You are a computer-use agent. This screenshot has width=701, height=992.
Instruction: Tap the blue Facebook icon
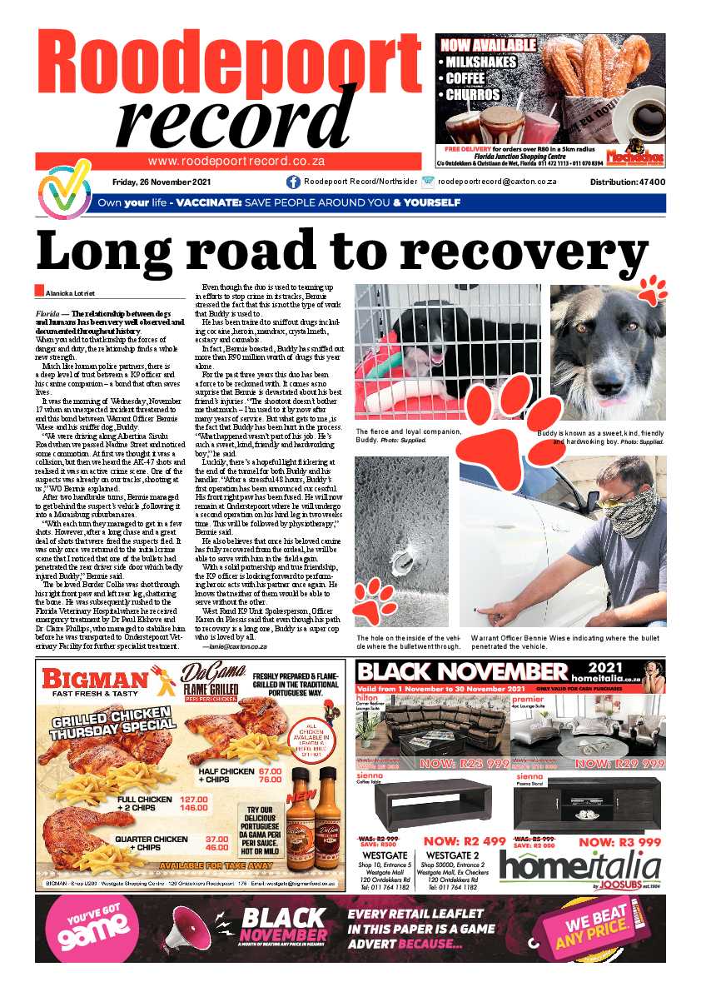pyautogui.click(x=293, y=182)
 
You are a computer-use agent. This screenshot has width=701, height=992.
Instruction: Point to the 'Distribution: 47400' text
pyautogui.click(x=627, y=182)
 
